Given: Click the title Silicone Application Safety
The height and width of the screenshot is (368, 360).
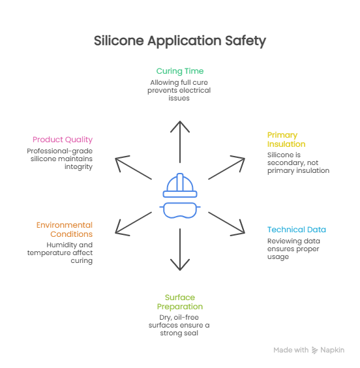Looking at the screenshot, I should (x=179, y=40).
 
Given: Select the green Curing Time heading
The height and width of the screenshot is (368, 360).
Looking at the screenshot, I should (x=179, y=71).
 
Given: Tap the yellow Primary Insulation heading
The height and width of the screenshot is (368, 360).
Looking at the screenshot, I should (x=286, y=139).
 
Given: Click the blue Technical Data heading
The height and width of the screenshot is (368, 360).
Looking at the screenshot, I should (x=296, y=230).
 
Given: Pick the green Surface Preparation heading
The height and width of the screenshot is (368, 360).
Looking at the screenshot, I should (x=179, y=301).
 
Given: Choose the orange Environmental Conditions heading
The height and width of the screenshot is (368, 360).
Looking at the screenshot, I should (x=64, y=229).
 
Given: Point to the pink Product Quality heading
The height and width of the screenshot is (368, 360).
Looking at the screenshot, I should (x=63, y=139).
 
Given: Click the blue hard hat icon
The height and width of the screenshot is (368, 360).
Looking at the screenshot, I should (x=180, y=185).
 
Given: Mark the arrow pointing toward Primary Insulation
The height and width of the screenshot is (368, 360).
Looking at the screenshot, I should (x=225, y=169).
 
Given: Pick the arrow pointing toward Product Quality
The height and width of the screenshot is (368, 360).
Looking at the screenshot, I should (x=134, y=169).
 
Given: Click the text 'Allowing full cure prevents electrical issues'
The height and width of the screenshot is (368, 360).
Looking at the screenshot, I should (x=179, y=90).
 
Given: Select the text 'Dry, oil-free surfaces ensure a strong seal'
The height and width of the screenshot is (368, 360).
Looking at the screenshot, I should (x=179, y=325).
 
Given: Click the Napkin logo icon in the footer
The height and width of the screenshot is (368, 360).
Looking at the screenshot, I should (x=315, y=350).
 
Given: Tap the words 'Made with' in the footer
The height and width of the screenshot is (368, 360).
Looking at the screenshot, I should (x=291, y=350).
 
